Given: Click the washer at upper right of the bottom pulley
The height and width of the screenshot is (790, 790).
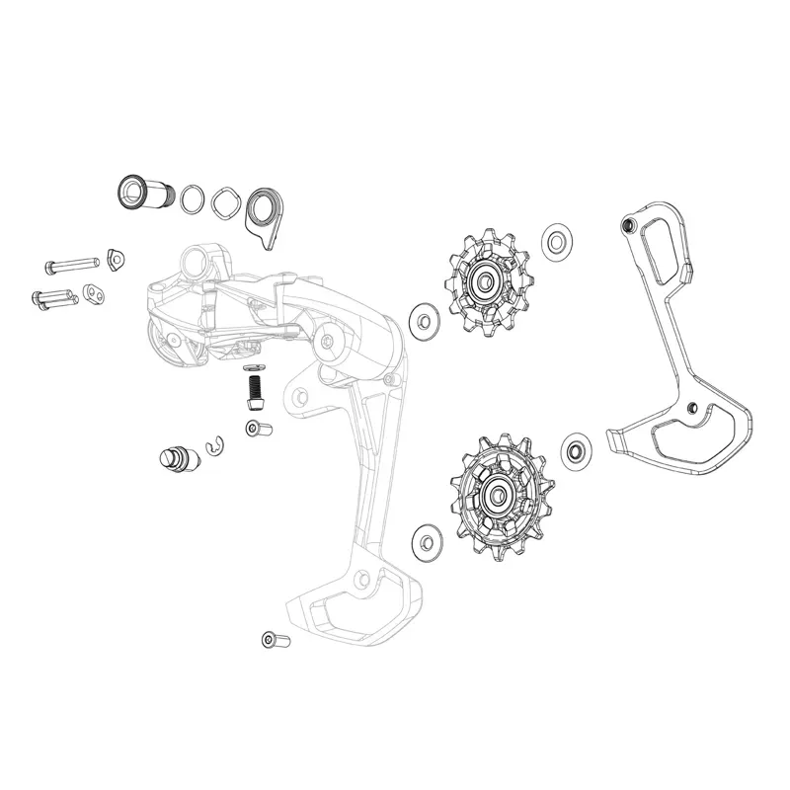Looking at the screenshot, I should [575, 449].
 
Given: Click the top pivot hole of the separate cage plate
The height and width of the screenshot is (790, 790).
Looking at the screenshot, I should [625, 226].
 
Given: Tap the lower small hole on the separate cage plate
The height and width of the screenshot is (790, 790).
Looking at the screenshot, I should [692, 408].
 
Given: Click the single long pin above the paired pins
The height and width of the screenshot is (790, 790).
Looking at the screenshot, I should [71, 265].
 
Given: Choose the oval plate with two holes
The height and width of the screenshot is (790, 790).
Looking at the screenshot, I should [95, 293].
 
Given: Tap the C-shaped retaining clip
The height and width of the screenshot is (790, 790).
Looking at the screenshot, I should [214, 448].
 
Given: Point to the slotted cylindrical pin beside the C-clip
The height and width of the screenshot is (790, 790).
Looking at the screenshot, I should [174, 458].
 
